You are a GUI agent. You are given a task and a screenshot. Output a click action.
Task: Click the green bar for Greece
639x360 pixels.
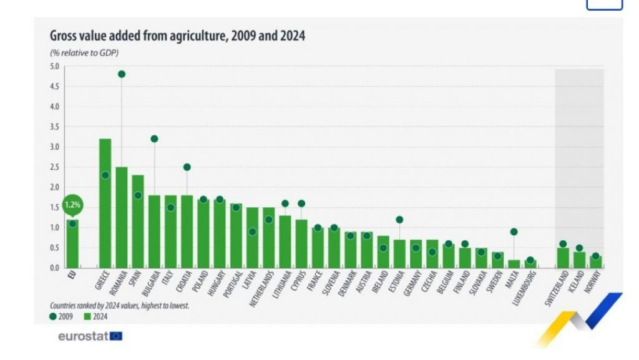(x=105, y=206)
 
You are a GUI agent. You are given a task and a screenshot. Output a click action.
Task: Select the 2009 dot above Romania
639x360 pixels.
(x=122, y=74)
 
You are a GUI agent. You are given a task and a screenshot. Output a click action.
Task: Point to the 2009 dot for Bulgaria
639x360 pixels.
(x=154, y=139)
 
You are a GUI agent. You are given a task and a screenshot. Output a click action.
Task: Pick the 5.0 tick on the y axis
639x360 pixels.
(x=54, y=66)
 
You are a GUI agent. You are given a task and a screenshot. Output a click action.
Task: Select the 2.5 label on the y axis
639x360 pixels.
(x=54, y=167)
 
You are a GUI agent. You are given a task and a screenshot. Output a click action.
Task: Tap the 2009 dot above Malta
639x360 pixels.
(x=514, y=231)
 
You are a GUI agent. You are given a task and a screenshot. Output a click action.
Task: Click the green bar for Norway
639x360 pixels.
(x=596, y=262)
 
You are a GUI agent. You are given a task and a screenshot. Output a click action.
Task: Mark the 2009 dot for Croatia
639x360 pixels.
(x=187, y=167)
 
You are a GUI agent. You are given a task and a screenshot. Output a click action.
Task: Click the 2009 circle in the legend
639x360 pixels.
(x=54, y=316)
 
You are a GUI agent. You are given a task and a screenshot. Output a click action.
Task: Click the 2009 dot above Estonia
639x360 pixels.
(x=399, y=220)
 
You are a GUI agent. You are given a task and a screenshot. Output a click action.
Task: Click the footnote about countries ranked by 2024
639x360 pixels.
(x=119, y=306)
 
